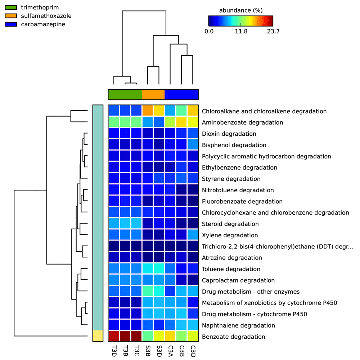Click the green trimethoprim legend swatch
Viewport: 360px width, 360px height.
(x=11, y=7)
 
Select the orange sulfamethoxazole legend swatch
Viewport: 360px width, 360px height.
(x=11, y=16)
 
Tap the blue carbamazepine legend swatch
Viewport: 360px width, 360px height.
(x=11, y=24)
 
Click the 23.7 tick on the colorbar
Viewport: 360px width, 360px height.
(x=273, y=31)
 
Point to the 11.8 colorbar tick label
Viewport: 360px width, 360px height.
(x=241, y=31)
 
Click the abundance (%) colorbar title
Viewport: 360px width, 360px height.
(x=241, y=10)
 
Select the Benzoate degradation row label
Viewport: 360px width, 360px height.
(x=234, y=337)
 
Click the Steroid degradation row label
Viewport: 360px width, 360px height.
(x=230, y=224)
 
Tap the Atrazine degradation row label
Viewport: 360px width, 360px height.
(x=232, y=258)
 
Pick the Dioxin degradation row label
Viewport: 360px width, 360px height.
(x=229, y=134)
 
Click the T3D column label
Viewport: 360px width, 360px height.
(x=114, y=351)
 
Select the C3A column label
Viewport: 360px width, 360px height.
(x=170, y=351)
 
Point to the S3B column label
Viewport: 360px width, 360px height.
(x=148, y=351)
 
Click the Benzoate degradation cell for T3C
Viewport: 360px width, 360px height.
(x=136, y=336)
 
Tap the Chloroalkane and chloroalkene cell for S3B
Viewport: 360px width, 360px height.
(x=148, y=111)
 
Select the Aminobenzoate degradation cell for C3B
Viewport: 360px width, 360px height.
(x=181, y=122)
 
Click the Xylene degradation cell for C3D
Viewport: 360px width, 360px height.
(x=193, y=235)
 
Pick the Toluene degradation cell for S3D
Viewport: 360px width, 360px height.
(x=159, y=269)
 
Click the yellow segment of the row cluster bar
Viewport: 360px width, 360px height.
(x=98, y=336)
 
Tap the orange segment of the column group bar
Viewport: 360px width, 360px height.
(x=153, y=95)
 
